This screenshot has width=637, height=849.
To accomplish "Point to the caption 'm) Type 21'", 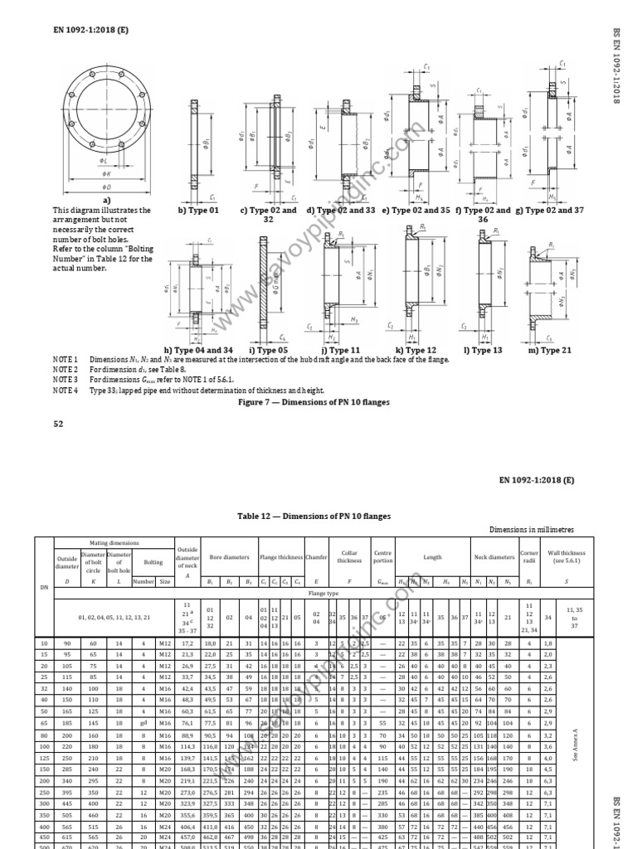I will click(x=551, y=350).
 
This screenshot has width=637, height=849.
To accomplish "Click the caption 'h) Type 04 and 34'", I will click(x=199, y=350).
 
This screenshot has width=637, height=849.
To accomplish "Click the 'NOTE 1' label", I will click(x=66, y=359).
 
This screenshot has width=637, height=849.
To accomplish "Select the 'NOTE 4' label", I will click(x=66, y=390).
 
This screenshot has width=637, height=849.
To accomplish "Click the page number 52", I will click(x=58, y=424).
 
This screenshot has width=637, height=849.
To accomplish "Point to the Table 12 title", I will click(x=314, y=517).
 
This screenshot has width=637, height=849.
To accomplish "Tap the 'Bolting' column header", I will click(x=153, y=561).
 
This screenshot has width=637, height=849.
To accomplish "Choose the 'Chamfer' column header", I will click(x=317, y=558).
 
